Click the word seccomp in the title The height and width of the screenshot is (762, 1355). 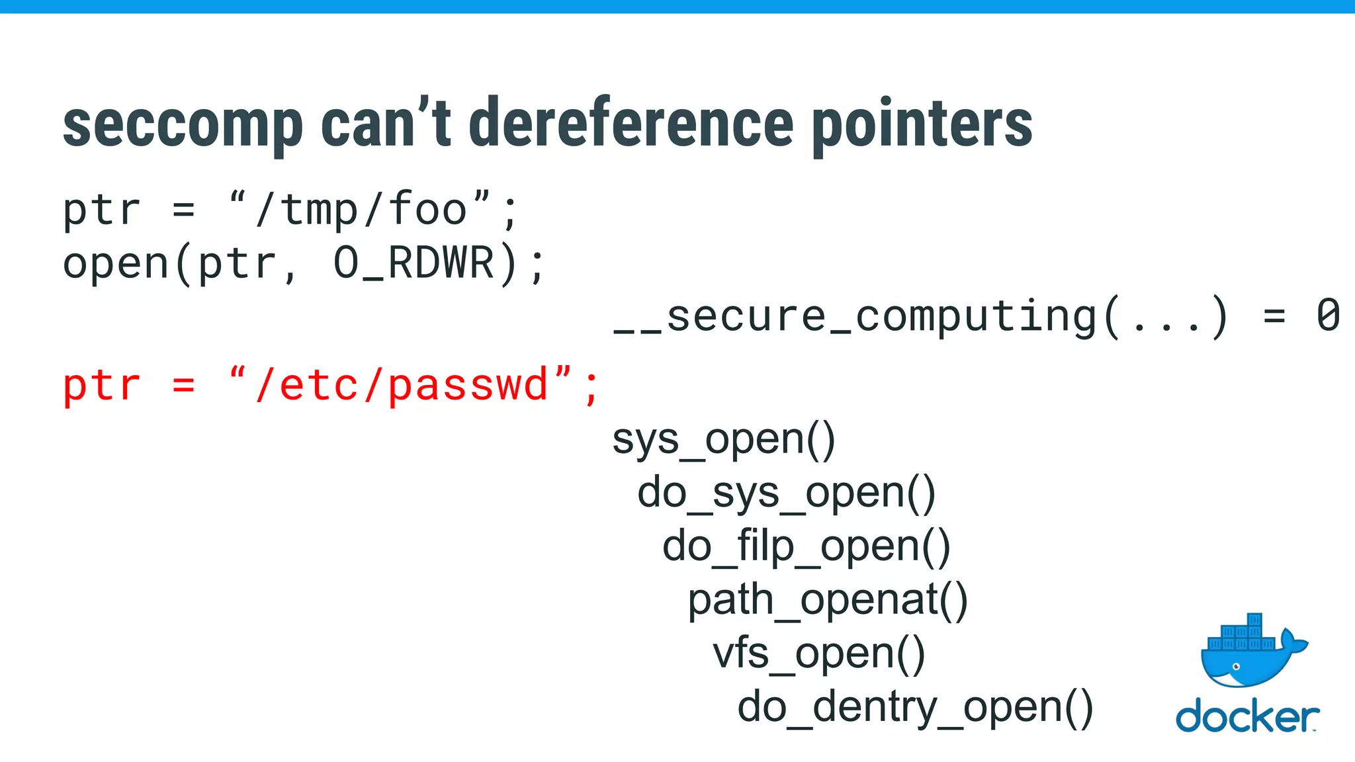[183, 126]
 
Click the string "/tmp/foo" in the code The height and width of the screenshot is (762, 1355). [361, 210]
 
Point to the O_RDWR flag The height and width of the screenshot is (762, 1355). [414, 263]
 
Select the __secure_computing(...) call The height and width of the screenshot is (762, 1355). [920, 316]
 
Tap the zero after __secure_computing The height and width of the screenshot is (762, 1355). [1327, 316]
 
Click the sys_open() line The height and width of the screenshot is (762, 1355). [724, 440]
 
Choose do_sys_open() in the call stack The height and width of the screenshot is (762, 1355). [786, 493]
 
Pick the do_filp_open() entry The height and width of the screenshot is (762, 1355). [806, 547]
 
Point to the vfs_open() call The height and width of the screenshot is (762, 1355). [818, 654]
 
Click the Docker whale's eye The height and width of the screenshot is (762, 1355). [1235, 667]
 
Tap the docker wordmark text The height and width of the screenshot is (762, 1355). [1246, 718]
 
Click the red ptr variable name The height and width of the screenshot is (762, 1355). [102, 386]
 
